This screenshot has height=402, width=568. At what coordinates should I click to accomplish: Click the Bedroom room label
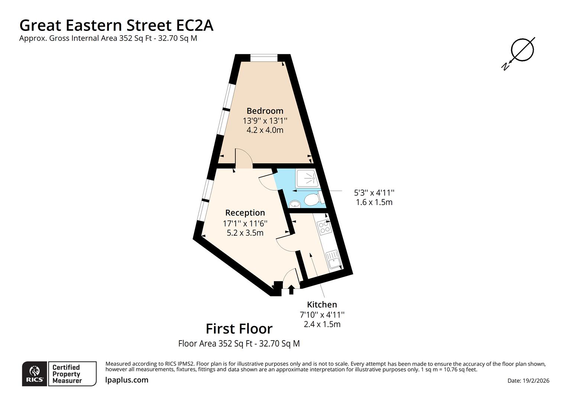(265, 111)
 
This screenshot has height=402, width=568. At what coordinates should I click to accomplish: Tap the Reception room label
(245, 213)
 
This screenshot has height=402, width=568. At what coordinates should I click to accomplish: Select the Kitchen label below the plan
(322, 304)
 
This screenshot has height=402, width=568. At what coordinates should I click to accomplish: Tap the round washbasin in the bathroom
(295, 204)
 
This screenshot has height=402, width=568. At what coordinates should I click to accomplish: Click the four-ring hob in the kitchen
(324, 227)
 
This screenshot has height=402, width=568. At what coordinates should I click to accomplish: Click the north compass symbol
(521, 51)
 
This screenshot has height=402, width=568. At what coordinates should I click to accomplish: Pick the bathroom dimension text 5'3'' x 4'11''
(374, 193)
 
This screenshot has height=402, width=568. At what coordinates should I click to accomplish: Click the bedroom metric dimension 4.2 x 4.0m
(265, 130)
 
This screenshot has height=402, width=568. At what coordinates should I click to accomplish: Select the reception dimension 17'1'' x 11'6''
(245, 223)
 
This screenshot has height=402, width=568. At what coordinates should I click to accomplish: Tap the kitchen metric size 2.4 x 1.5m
(322, 324)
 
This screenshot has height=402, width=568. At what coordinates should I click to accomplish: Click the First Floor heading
(239, 329)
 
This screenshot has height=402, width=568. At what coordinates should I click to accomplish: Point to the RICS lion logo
(35, 373)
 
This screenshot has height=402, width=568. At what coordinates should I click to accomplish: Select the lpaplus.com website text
(127, 380)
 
